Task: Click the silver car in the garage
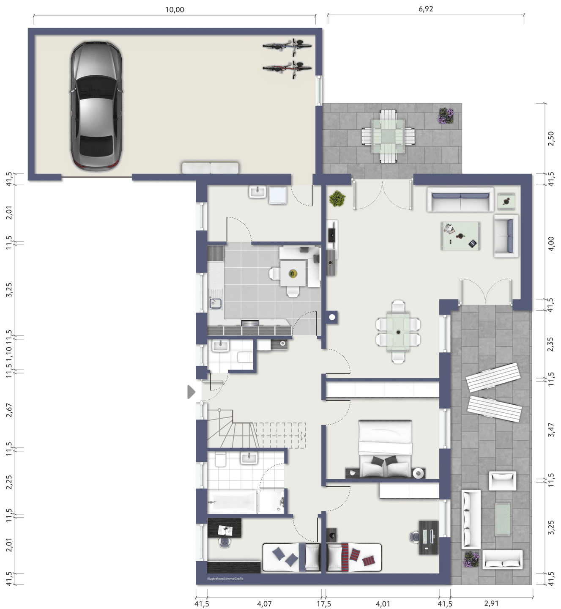96,106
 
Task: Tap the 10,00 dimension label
175,10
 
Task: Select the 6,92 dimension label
426,9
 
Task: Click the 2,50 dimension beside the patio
551,139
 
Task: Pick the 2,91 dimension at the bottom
491,604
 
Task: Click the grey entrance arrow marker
191,392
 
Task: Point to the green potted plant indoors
337,198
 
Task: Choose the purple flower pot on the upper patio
446,115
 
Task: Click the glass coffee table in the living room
460,236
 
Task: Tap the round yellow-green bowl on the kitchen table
293,274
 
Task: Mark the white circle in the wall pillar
332,317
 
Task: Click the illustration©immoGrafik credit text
225,579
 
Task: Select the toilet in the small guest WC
245,357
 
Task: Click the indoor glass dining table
398,332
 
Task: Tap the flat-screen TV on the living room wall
331,232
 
